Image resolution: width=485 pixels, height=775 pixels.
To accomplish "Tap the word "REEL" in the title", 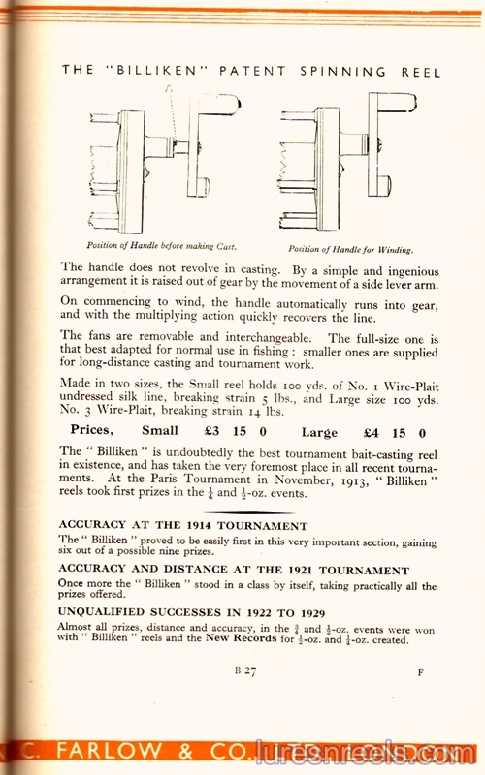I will (x=422, y=72).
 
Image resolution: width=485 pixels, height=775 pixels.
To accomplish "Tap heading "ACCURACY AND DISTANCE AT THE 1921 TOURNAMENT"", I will (x=234, y=571).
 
